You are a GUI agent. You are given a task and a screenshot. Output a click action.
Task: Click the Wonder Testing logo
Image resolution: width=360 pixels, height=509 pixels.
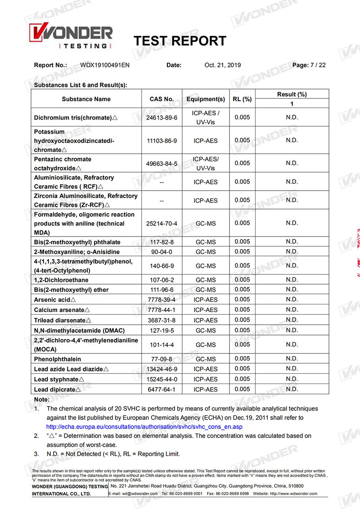[71, 36]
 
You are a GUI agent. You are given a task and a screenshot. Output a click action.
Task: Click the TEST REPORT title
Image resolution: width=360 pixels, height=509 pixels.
[180, 41]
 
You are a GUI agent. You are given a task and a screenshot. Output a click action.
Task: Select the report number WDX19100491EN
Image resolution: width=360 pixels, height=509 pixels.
[105, 65]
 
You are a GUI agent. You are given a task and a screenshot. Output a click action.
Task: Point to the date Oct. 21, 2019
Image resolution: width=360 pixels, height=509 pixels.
[222, 65]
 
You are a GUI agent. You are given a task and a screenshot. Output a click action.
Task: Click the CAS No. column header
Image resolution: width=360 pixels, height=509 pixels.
[162, 99]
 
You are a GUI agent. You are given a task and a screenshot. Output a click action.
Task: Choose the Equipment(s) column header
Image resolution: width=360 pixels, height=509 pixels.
[205, 99]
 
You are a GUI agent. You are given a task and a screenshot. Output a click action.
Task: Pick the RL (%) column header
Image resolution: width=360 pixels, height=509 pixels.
[242, 99]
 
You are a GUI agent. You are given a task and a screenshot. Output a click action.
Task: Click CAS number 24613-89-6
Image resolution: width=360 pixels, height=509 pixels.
[162, 118]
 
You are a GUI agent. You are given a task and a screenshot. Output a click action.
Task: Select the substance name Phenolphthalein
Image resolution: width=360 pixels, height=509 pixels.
[58, 359]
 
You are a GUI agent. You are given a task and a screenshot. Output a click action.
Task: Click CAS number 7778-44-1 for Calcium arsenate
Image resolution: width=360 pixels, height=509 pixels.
[162, 310]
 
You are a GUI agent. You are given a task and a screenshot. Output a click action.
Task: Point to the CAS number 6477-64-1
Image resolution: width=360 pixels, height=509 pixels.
[162, 389]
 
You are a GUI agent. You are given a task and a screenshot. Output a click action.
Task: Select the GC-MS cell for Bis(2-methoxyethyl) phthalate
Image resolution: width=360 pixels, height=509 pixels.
[205, 242]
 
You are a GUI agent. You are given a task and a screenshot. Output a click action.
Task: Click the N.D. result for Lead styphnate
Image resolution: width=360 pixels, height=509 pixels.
[292, 379]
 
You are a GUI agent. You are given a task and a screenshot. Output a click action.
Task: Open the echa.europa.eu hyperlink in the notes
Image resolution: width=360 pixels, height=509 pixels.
[144, 427]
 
